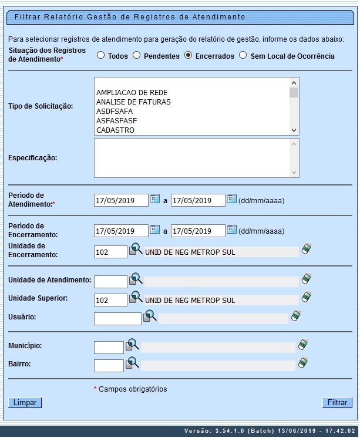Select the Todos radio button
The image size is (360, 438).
click(x=100, y=56)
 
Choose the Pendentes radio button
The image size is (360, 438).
click(x=136, y=56)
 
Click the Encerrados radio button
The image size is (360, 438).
click(x=188, y=56)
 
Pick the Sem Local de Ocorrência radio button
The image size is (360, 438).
click(x=243, y=56)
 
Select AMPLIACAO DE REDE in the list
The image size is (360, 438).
click(x=132, y=93)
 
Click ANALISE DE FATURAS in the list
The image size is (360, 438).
click(x=133, y=102)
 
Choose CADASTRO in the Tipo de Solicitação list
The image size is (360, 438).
click(x=115, y=130)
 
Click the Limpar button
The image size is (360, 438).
click(x=25, y=403)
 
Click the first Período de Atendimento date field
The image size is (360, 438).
click(x=121, y=200)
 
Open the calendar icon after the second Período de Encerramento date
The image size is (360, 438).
click(x=232, y=229)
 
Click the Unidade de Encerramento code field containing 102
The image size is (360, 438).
click(x=110, y=251)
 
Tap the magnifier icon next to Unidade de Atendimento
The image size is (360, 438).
click(x=136, y=278)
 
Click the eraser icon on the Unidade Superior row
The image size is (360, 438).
click(x=306, y=297)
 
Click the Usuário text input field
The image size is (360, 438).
click(x=117, y=318)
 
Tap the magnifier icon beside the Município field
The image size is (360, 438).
click(x=132, y=345)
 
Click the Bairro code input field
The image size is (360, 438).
click(x=109, y=365)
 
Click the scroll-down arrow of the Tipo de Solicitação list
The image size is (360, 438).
click(x=294, y=130)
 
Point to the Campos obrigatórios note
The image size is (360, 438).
click(x=132, y=389)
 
